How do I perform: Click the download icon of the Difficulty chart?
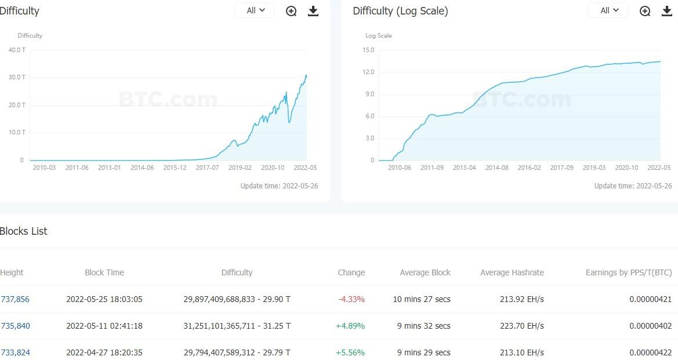click(313, 11)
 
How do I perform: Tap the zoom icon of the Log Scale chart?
click(645, 11)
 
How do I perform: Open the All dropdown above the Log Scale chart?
click(608, 10)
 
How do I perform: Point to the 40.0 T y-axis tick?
click(17, 50)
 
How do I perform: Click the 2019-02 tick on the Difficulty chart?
click(240, 168)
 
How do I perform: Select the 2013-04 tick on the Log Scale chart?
click(464, 168)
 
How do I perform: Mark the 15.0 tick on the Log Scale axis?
click(368, 50)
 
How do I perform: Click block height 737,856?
click(15, 299)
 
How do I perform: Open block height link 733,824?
click(15, 352)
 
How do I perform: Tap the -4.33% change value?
click(351, 299)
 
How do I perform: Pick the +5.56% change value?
click(350, 352)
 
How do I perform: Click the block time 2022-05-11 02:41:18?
click(104, 326)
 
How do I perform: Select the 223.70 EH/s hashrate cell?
click(522, 326)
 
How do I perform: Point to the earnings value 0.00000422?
click(650, 352)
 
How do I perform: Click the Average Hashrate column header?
click(512, 272)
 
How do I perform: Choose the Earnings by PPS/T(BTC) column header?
click(629, 272)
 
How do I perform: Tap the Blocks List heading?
click(24, 231)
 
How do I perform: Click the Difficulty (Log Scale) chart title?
click(400, 11)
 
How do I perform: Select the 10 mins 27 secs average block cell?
click(422, 299)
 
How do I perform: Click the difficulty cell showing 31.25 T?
click(237, 326)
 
